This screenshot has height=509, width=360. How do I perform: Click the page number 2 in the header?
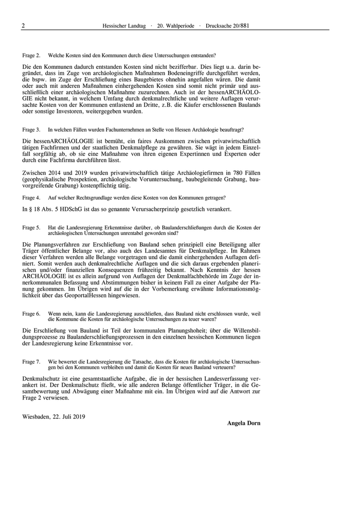coord(23,25)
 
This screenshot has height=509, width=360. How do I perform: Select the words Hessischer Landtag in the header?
coord(124,25)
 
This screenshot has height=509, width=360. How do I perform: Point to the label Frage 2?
coord(31,55)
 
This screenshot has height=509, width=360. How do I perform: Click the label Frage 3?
coord(31,130)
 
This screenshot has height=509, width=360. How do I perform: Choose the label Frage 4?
coord(31,198)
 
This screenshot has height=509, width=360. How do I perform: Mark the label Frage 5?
coord(31,227)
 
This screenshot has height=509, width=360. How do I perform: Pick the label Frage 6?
coord(31,313)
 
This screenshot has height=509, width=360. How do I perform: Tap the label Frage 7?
coord(31,362)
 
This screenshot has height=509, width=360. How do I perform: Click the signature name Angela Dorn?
coord(244,423)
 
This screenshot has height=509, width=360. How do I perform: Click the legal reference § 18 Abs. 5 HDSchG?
coord(57,210)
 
